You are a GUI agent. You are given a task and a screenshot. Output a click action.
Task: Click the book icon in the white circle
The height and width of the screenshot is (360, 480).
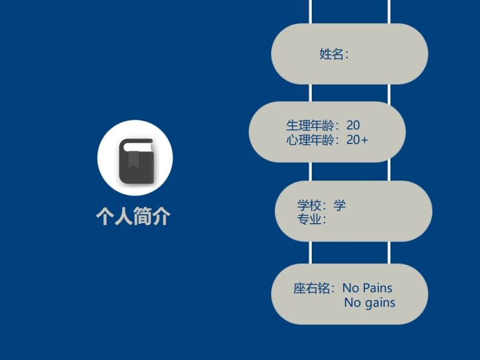(135, 160)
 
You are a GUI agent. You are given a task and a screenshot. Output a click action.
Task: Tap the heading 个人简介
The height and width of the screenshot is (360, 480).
(133, 216)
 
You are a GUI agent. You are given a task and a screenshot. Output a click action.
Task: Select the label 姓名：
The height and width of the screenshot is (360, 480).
(334, 54)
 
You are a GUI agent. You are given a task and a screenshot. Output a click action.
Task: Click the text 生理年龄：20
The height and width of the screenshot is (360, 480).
(323, 126)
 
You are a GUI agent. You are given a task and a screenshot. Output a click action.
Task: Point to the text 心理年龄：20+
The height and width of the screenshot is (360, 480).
(327, 140)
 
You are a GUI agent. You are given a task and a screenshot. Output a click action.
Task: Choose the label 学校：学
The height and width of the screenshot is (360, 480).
(321, 205)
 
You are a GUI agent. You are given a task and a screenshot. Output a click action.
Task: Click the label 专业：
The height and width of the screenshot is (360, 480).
(312, 219)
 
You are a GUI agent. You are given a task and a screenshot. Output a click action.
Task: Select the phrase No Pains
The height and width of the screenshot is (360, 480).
(367, 288)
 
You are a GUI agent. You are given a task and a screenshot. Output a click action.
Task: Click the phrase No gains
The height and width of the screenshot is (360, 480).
(369, 303)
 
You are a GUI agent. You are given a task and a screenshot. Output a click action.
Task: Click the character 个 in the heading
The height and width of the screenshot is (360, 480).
(105, 216)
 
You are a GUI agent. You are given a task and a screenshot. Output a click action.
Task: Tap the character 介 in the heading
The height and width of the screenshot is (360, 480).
(161, 216)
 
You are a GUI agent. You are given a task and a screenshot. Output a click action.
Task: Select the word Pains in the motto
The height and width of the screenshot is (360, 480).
(378, 288)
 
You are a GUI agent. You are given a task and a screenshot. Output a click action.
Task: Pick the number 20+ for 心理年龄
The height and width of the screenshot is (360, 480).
(357, 140)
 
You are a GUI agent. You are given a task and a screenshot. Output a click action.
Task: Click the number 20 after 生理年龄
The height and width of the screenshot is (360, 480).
(353, 126)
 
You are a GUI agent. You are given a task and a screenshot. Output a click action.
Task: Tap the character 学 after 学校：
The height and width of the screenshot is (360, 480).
(340, 205)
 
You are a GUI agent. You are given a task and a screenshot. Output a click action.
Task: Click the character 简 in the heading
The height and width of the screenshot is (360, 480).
(142, 216)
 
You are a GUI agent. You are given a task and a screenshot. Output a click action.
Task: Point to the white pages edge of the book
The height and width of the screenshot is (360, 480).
(135, 145)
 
